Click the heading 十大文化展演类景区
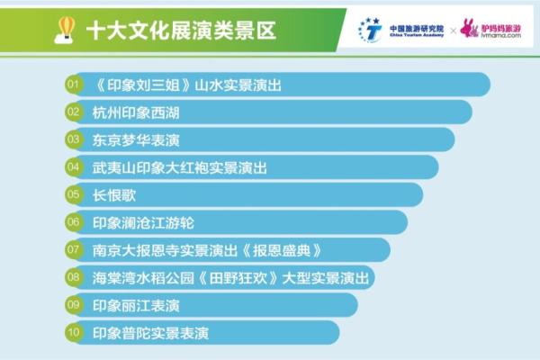[180, 30]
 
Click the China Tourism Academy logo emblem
[369, 30]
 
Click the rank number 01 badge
[75, 85]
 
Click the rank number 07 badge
[75, 249]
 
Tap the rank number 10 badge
[75, 332]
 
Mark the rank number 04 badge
[75, 167]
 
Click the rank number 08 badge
[75, 277]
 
